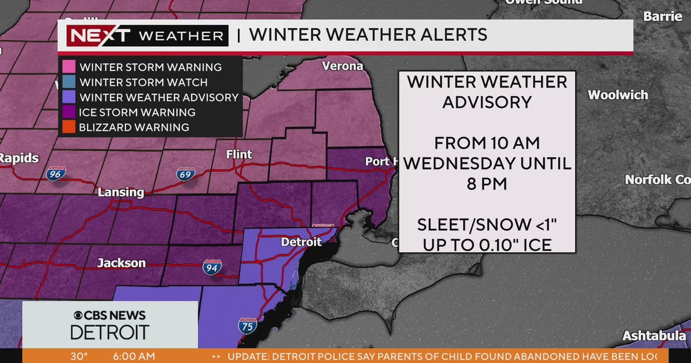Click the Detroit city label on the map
tap(301, 243)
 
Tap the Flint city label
tap(239, 155)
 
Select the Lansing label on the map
tap(120, 192)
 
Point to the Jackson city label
tap(122, 263)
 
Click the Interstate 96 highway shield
tap(56, 172)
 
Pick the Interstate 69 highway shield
tap(185, 173)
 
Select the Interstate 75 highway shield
tap(248, 326)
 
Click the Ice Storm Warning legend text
tap(138, 112)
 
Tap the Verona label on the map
tap(342, 66)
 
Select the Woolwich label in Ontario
tap(618, 95)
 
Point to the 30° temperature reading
tap(79, 356)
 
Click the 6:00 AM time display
tap(134, 356)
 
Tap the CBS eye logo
tap(79, 315)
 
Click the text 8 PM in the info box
tap(487, 184)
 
